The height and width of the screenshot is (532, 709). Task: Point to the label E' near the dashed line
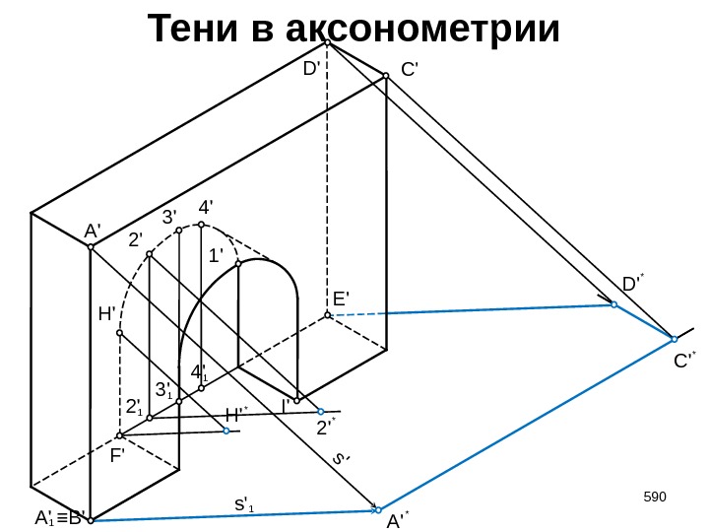[342, 299]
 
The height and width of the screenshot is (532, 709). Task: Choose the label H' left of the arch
[107, 314]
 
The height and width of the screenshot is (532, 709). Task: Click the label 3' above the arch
[169, 216]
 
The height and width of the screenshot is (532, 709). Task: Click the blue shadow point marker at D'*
[613, 305]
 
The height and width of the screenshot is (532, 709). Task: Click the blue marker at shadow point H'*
[226, 431]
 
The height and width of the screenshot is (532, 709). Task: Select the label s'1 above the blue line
[243, 505]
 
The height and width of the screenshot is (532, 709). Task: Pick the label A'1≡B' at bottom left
[60, 517]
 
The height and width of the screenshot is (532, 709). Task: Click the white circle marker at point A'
[90, 247]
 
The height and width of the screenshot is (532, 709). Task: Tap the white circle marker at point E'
[328, 315]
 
